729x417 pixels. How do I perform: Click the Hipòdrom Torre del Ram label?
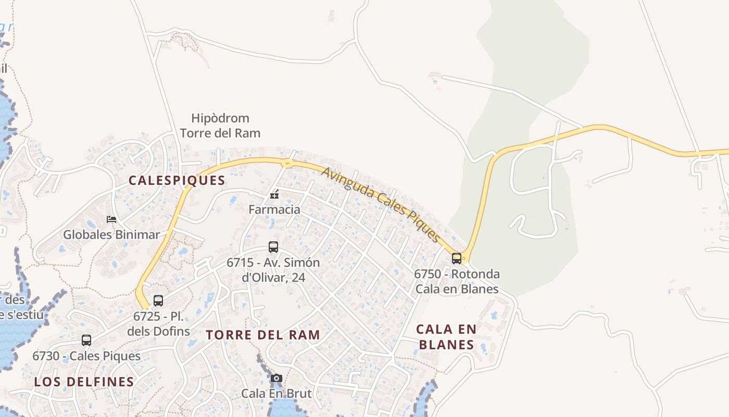(220, 126)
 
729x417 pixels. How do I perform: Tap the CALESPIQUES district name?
(177, 181)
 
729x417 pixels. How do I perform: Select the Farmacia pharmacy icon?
(274, 195)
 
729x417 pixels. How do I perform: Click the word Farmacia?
(274, 210)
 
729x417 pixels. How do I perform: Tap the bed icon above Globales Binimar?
(111, 219)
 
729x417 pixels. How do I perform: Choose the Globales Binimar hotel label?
(111, 235)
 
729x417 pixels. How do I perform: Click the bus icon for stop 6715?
(273, 247)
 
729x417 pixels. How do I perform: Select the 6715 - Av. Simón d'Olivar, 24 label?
(273, 269)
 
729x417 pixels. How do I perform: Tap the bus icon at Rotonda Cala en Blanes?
(457, 258)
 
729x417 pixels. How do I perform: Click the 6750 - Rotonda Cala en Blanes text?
(457, 281)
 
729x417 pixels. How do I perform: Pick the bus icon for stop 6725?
(158, 301)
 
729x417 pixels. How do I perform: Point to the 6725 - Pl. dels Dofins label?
(158, 324)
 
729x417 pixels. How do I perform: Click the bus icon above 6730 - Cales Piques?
(86, 340)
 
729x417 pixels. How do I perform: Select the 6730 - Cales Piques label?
(86, 356)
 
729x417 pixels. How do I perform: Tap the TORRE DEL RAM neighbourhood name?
(263, 335)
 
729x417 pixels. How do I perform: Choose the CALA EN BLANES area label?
(446, 337)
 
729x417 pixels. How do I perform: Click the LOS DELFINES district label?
(84, 382)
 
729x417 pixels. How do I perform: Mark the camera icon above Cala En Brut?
(276, 378)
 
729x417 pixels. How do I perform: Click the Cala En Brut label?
(276, 393)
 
